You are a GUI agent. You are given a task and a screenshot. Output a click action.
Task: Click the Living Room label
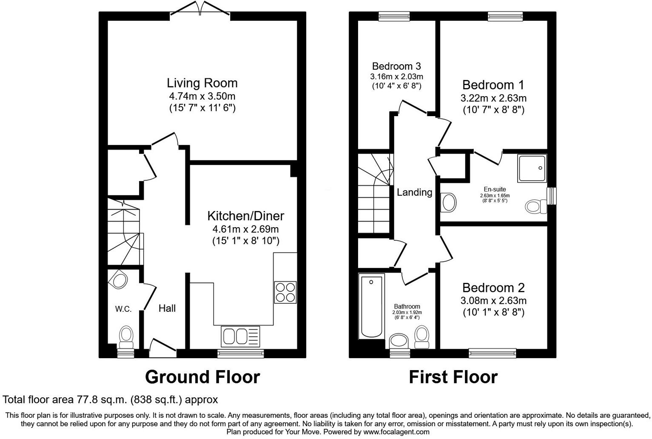click(x=202, y=83)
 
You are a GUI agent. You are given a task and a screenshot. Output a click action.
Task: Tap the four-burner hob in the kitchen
click(x=285, y=292)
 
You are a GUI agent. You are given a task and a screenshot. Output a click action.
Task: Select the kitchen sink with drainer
click(x=240, y=336)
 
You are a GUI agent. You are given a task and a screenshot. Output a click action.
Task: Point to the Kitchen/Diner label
click(x=245, y=216)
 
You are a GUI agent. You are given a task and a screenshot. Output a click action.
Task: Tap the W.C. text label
click(x=123, y=309)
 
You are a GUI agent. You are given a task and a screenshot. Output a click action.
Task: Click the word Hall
click(x=167, y=308)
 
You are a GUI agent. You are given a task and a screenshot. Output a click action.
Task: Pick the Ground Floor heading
click(x=202, y=377)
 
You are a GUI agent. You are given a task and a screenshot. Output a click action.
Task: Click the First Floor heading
click(x=453, y=377)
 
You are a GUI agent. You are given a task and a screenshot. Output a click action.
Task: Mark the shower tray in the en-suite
click(x=532, y=168)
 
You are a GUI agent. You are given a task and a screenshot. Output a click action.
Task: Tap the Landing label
click(x=414, y=192)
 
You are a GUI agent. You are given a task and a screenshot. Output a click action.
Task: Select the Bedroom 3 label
click(x=396, y=66)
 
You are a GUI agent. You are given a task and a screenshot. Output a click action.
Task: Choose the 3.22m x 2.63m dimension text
click(x=493, y=98)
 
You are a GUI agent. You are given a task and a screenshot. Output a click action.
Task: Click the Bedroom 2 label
click(x=493, y=288)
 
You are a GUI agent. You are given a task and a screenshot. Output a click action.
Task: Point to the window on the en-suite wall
click(x=552, y=196)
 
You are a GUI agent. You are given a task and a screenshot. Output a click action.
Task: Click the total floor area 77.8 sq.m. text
click(x=110, y=400)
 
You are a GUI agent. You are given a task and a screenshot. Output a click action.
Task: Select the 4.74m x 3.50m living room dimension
click(x=202, y=96)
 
